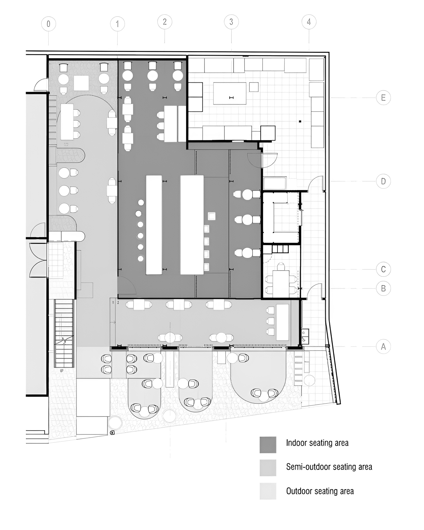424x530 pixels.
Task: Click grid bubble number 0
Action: (48, 24)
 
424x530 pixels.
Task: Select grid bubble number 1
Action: (117, 24)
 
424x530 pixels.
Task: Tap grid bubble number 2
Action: (165, 22)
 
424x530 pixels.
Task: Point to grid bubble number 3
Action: (231, 22)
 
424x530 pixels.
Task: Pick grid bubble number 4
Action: (309, 22)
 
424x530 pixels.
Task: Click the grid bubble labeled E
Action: (383, 98)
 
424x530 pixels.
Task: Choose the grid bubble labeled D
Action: (383, 181)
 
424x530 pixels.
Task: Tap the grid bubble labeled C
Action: (383, 270)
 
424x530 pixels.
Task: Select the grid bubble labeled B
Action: (383, 288)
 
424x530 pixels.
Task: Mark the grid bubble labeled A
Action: (383, 346)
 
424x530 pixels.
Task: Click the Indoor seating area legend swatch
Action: (268, 445)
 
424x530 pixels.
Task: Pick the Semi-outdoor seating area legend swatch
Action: (268, 468)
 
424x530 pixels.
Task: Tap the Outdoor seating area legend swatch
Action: (268, 491)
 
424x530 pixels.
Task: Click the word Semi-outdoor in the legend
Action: (307, 467)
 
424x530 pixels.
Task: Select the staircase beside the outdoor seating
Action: (64, 333)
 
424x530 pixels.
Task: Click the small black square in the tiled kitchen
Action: (300, 121)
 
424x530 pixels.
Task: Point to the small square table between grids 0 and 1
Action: (81, 83)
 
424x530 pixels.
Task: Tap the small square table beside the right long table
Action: (211, 216)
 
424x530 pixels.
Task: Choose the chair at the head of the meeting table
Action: (281, 266)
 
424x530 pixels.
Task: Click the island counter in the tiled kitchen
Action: (230, 93)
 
